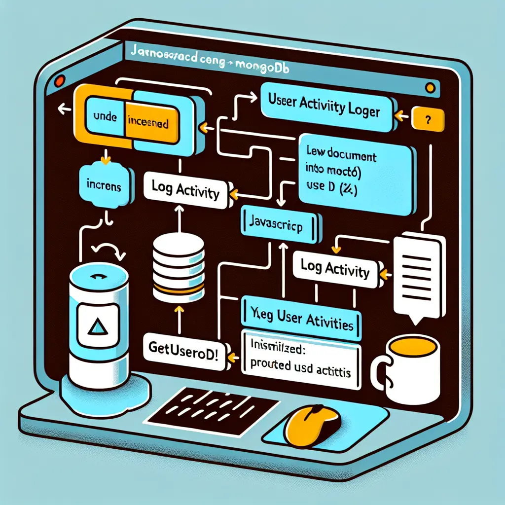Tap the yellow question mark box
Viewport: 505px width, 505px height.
click(x=427, y=119)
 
